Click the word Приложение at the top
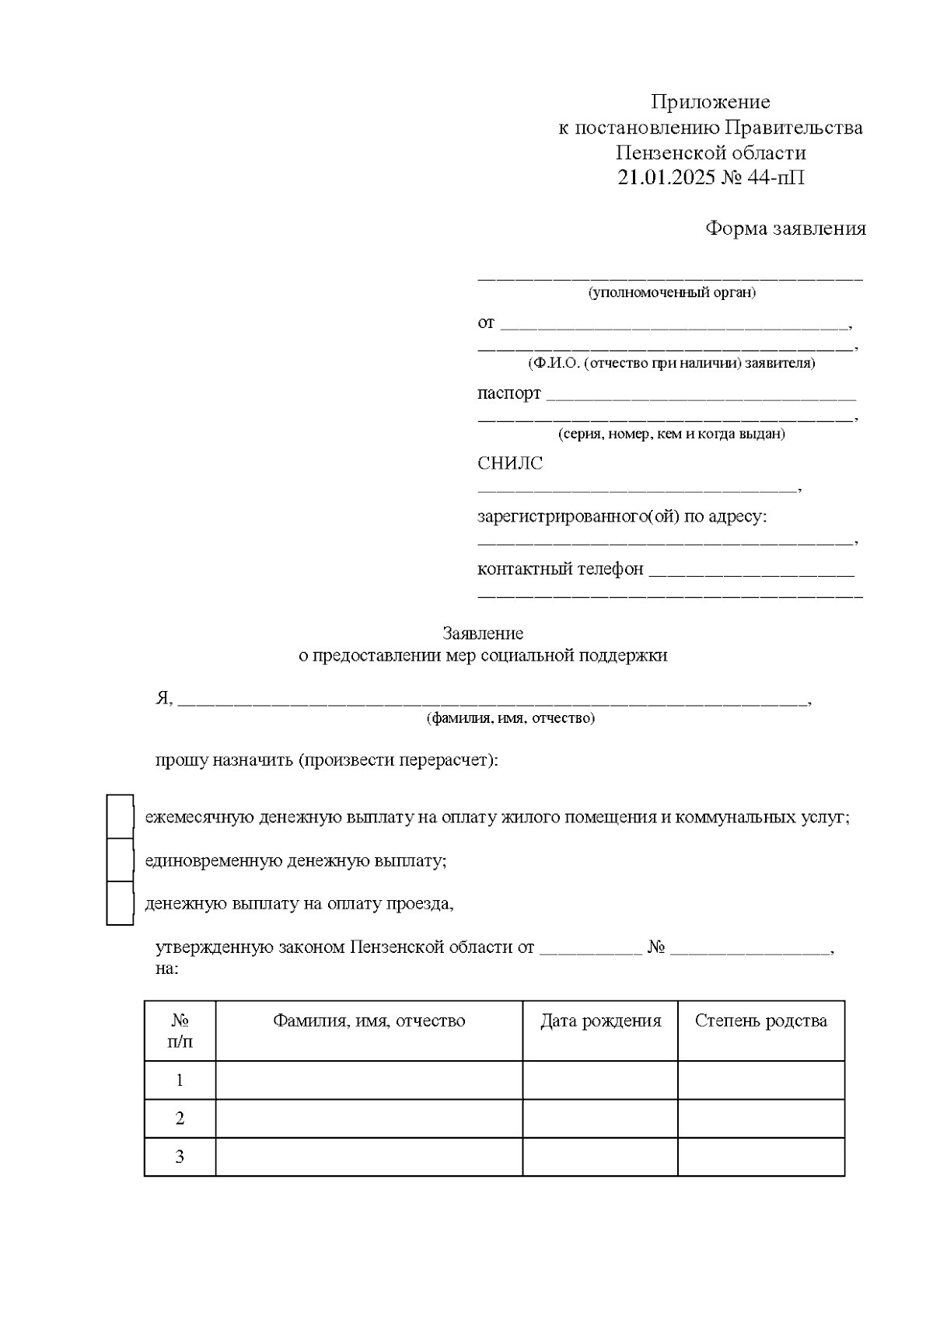(x=710, y=102)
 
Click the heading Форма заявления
(x=785, y=229)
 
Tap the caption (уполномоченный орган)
(x=672, y=293)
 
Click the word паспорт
(x=508, y=393)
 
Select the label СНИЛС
(x=510, y=463)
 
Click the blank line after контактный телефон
(x=750, y=574)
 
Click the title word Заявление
(x=483, y=633)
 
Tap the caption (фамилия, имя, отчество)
(x=510, y=718)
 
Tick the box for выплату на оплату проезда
(x=120, y=903)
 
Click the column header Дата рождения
(x=600, y=1021)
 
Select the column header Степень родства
(x=760, y=1021)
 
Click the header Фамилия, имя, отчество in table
(x=369, y=1021)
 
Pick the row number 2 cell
(x=180, y=1118)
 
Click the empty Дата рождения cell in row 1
(x=600, y=1080)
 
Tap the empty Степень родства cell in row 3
(x=760, y=1157)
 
